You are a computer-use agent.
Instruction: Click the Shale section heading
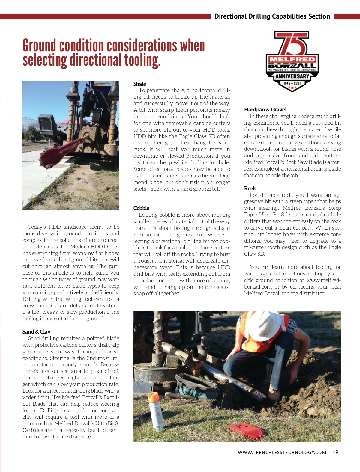[x=140, y=84]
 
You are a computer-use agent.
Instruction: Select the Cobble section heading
[x=141, y=208]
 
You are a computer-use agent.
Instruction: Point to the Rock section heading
[x=250, y=189]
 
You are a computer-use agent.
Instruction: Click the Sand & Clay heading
[x=36, y=332]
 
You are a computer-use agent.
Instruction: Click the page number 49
[x=335, y=452]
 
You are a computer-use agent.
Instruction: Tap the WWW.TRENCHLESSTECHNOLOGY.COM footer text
[x=282, y=453]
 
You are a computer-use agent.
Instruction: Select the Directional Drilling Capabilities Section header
[x=272, y=16]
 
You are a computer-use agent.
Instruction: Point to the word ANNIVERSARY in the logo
[x=292, y=76]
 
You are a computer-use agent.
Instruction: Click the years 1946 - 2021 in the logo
[x=292, y=83]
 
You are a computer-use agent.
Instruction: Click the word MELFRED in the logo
[x=292, y=59]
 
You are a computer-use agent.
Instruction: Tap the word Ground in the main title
[x=39, y=46]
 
